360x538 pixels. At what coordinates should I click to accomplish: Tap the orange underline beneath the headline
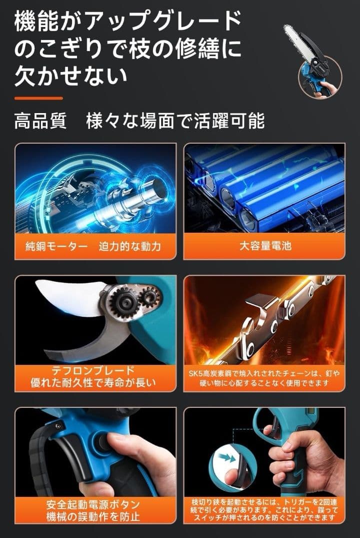(x=38, y=98)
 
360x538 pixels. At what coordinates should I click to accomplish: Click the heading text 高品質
(x=40, y=121)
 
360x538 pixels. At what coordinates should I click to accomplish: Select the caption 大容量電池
(x=264, y=246)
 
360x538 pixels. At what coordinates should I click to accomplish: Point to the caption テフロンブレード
(x=93, y=371)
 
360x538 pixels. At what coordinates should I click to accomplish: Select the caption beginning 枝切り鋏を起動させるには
(x=264, y=510)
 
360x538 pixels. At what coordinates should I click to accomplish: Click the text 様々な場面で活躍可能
(x=175, y=121)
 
